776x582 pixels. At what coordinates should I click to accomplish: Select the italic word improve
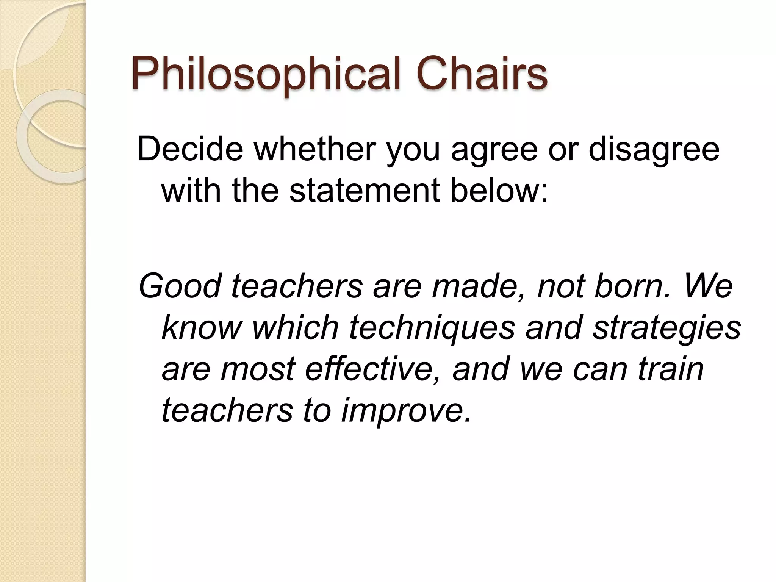407,411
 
